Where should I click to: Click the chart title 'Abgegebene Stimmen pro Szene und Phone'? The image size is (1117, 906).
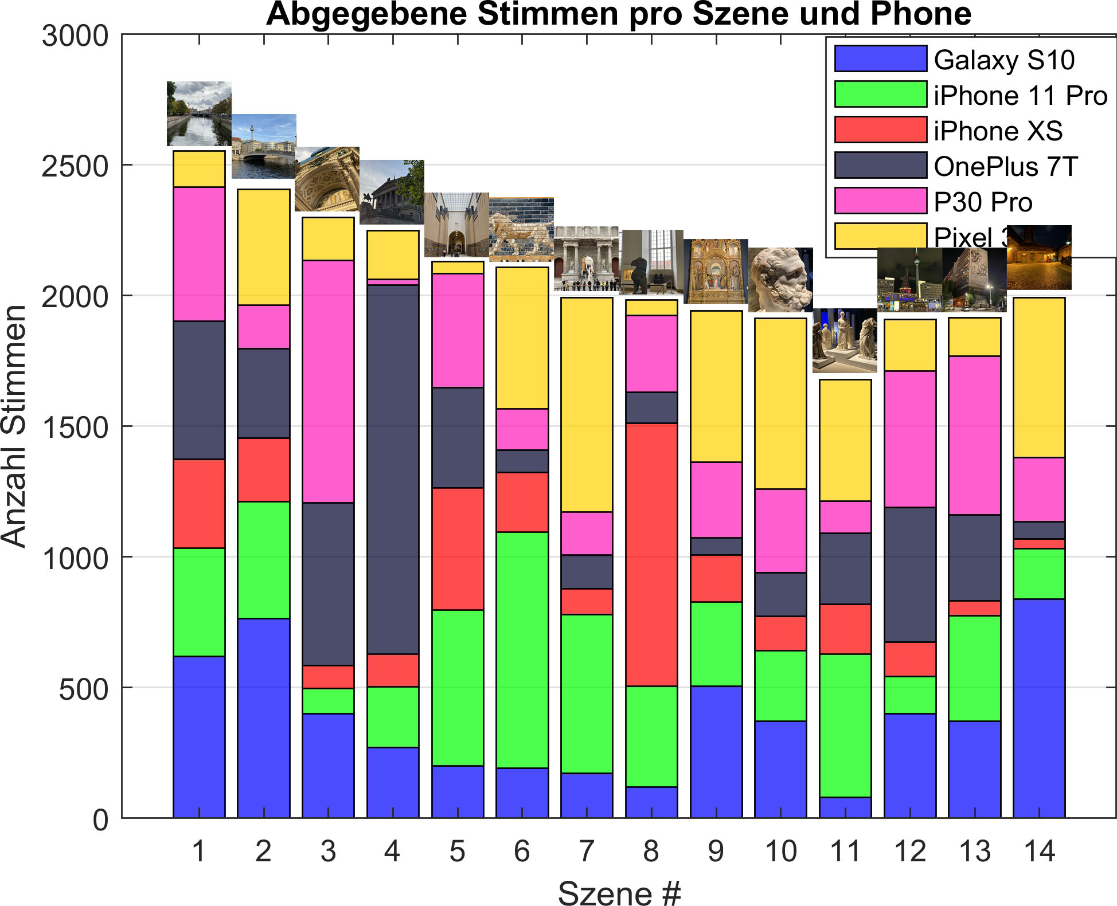pos(618,14)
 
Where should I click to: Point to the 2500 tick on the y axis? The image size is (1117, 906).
pos(75,166)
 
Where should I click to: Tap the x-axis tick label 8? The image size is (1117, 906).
pos(651,852)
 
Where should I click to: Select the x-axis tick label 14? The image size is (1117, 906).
pos(1039,852)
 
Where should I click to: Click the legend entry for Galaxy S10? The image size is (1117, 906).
pos(1003,60)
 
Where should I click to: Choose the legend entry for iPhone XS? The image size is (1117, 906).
pos(998,131)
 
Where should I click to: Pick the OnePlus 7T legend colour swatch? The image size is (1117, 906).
pos(880,165)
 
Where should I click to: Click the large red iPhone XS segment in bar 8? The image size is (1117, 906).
pos(651,554)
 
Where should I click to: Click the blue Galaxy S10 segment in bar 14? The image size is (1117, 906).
pos(1039,708)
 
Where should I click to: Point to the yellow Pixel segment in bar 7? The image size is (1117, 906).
pos(587,404)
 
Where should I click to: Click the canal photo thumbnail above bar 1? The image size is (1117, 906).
pos(199,113)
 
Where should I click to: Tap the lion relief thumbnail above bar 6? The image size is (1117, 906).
pos(521,229)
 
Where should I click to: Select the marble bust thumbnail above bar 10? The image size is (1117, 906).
pos(780,280)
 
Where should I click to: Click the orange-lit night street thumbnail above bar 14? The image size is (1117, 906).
pos(1039,257)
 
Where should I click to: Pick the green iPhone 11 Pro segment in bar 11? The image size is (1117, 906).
pos(845,725)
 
